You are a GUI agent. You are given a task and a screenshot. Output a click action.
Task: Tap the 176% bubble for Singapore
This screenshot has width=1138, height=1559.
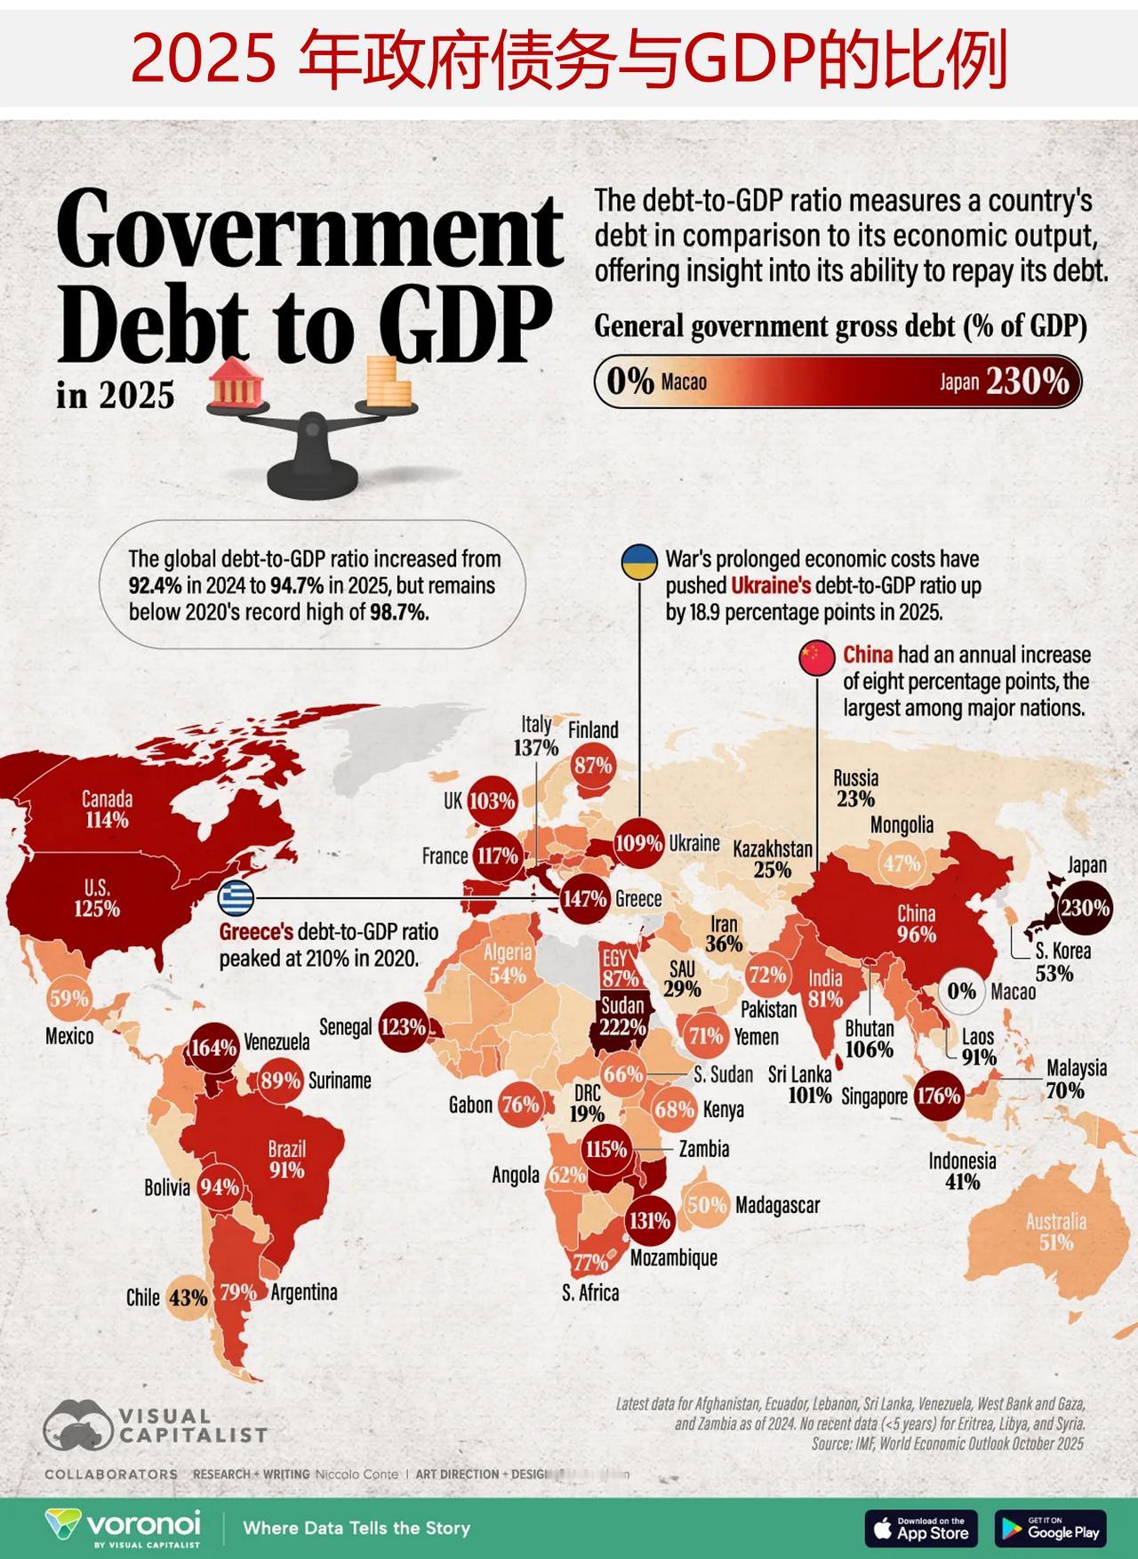(x=939, y=1096)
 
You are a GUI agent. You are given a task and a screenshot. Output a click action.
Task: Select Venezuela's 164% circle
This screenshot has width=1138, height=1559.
(x=213, y=1047)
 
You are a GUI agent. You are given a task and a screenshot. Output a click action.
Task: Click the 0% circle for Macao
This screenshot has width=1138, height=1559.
(x=962, y=991)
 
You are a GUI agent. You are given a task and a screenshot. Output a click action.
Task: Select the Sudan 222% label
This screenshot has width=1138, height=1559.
(x=622, y=1017)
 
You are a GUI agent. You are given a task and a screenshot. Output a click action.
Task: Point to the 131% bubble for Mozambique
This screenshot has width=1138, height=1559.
(x=649, y=1220)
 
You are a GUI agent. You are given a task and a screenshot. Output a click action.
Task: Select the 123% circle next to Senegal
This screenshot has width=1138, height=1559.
(x=403, y=1027)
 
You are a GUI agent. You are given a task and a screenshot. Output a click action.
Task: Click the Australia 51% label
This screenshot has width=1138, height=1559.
(x=1055, y=1232)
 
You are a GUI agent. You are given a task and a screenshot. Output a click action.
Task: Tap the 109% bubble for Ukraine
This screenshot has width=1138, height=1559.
(x=638, y=842)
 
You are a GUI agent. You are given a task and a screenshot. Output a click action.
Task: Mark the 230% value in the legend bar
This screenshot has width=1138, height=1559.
(x=1027, y=382)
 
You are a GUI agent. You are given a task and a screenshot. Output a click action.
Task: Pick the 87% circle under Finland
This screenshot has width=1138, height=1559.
(x=593, y=765)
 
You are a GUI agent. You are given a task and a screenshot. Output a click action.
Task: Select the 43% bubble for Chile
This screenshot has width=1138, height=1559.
(x=188, y=1297)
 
